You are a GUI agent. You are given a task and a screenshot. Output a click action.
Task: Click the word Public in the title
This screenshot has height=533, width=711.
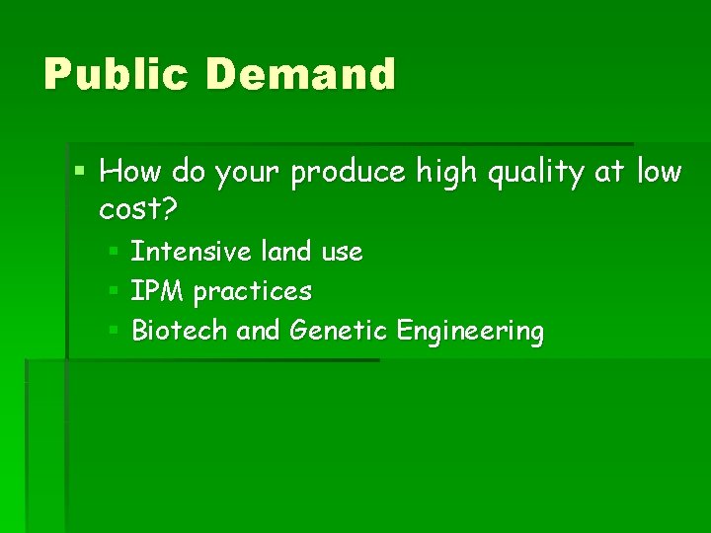point(114,75)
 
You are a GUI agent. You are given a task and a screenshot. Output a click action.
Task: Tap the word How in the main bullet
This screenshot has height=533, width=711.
point(130,172)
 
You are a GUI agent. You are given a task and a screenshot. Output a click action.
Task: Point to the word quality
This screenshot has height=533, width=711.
point(534,174)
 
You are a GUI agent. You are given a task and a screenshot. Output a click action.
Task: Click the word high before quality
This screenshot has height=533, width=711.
point(450,174)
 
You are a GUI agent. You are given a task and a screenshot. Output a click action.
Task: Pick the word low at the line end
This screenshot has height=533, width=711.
point(659,172)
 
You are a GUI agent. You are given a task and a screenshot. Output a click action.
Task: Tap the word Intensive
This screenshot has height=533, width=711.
point(192,252)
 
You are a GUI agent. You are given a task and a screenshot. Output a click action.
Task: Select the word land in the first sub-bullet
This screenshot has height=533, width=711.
point(287,252)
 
